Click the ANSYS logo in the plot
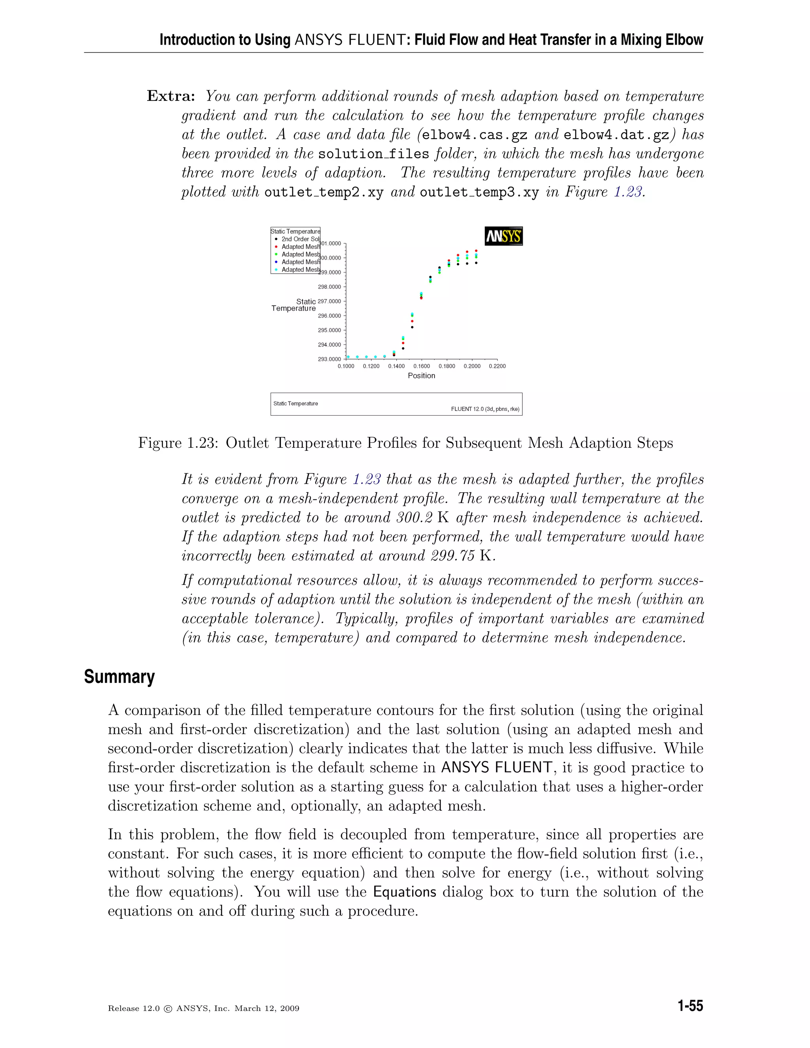[503, 236]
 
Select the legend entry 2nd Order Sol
[300, 239]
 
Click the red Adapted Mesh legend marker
[276, 247]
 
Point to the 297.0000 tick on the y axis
[330, 301]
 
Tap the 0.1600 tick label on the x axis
[421, 366]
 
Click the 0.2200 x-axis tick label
[497, 366]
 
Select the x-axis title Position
[421, 376]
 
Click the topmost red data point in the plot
[476, 250]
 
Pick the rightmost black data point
[476, 263]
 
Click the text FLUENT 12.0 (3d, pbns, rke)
[484, 409]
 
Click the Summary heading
[119, 677]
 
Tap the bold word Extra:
[171, 96]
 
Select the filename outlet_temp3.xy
[479, 193]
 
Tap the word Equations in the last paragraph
[405, 891]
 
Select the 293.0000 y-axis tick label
[330, 359]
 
